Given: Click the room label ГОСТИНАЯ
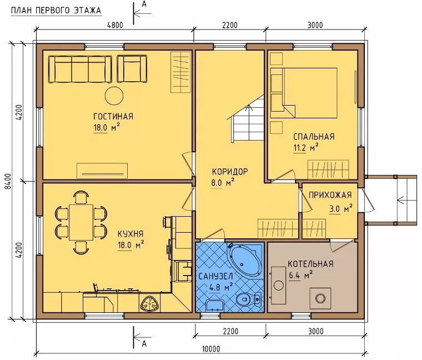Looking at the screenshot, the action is [113, 116].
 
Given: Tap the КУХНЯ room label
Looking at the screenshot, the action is [130, 233].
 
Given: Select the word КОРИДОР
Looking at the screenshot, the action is [230, 172].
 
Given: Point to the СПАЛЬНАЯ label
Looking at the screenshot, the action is [314, 137].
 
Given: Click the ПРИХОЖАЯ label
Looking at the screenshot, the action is [330, 194].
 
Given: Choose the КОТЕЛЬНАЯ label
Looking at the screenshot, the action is [310, 263].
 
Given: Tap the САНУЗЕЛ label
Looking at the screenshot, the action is [215, 276].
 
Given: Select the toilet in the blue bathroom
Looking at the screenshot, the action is [248, 298].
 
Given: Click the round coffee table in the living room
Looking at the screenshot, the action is [114, 96].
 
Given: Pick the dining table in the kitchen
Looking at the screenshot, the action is [81, 222].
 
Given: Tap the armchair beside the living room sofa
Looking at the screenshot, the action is [132, 69].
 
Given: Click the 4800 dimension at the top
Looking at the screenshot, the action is [115, 25].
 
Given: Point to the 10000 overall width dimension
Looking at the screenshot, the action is [211, 349].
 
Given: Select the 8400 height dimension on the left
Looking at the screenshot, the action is [8, 181].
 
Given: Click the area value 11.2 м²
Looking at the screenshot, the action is [306, 148].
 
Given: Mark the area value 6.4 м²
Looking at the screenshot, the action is [300, 276].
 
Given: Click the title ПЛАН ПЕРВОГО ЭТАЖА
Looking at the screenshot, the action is [56, 11].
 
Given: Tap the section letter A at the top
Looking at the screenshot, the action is [144, 4].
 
